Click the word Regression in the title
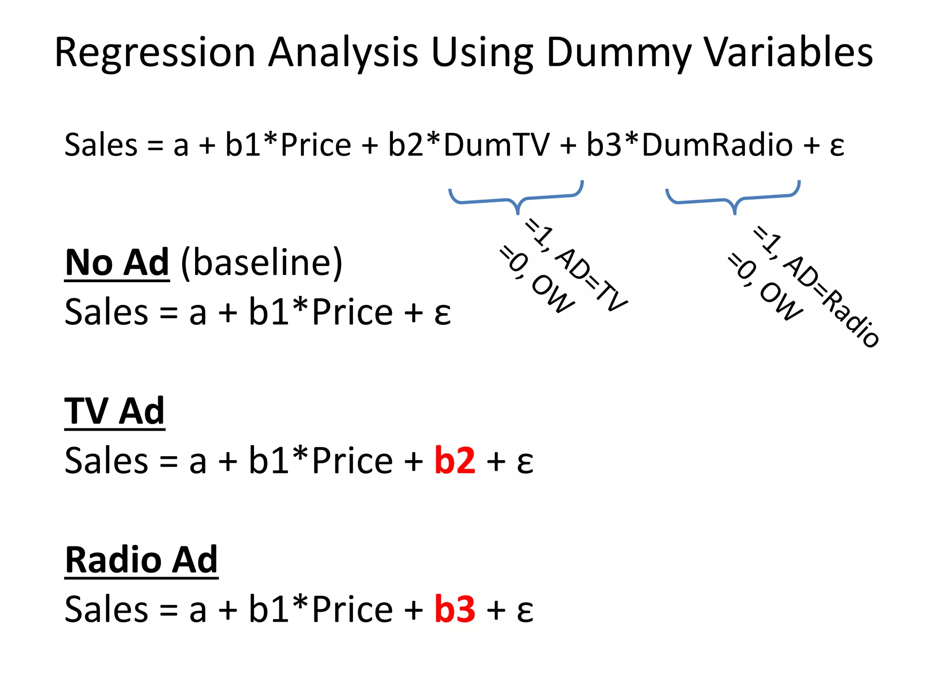coord(155,54)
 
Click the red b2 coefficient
coord(455,461)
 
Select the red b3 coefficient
coord(455,609)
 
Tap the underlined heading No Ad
coord(117,263)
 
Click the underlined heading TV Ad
coord(114,411)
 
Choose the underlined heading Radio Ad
coord(141,560)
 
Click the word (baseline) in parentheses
coord(261,263)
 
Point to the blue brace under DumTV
coord(516,198)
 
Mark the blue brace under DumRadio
coord(733,198)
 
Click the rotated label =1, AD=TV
coord(576,265)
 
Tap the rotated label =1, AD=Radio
coord(817,286)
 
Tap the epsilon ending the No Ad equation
coord(442,313)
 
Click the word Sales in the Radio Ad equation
coord(106,609)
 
